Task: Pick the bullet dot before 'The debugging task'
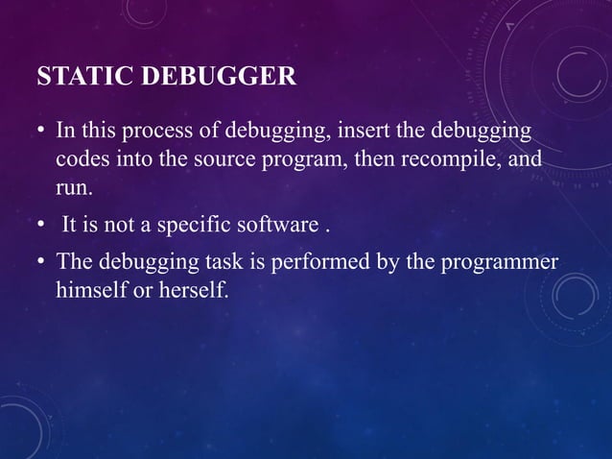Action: click(x=42, y=262)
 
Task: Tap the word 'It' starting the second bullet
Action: click(x=70, y=227)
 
